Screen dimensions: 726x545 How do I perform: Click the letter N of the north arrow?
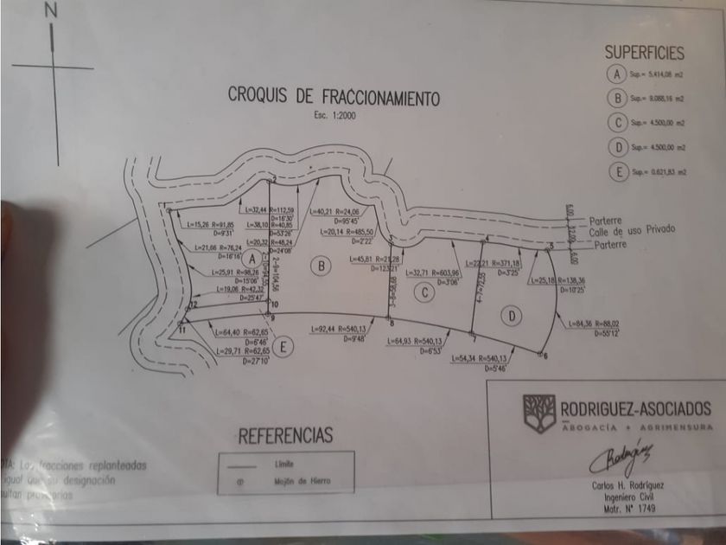(52, 11)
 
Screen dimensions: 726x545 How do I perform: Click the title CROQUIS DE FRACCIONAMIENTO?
(333, 95)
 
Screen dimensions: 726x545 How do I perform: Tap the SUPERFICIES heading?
(644, 54)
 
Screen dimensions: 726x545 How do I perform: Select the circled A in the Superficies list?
(616, 74)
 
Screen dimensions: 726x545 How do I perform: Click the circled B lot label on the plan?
(322, 266)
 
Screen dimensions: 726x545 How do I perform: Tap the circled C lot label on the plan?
(423, 292)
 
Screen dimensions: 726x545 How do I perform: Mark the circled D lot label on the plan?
(512, 317)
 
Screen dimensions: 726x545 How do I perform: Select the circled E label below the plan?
(286, 347)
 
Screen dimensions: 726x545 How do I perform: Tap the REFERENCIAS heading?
(285, 434)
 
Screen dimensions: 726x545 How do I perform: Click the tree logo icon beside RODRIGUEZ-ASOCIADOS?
(538, 413)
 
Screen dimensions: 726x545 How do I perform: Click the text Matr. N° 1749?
(620, 509)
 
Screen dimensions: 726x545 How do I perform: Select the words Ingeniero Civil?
(620, 497)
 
